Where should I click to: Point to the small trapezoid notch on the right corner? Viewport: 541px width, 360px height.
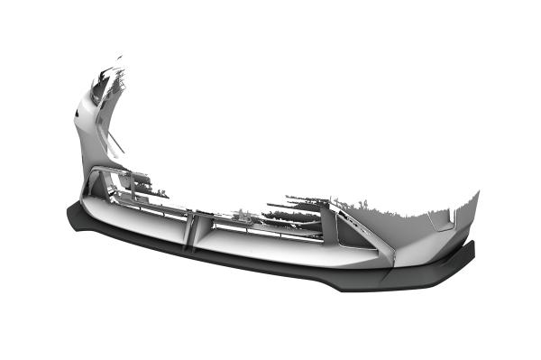tap(442, 219)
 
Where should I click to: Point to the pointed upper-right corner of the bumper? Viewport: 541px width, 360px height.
tap(476, 193)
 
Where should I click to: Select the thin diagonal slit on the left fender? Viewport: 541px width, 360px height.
tap(115, 140)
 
